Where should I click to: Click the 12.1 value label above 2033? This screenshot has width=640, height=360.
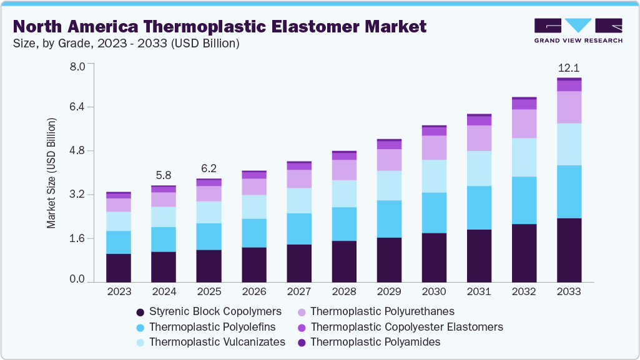coord(569,67)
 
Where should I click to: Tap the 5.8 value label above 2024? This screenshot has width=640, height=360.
coord(164,175)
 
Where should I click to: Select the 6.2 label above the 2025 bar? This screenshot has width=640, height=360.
coord(209,168)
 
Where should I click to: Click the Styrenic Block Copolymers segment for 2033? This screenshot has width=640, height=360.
coord(569,250)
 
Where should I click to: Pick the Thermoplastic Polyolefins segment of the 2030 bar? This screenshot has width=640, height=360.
coord(434,213)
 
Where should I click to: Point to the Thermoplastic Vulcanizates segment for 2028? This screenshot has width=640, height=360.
coord(344,193)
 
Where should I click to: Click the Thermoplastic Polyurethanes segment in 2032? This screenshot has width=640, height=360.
coord(524,124)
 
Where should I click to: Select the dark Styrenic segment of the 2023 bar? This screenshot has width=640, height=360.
coord(119,268)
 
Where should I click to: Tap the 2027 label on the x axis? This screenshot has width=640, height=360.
coord(298,291)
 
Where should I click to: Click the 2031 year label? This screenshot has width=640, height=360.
coord(479,291)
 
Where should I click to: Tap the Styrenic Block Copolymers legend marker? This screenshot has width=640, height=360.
coord(140,311)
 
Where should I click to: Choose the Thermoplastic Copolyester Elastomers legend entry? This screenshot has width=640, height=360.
coord(406,326)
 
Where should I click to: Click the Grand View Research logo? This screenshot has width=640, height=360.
coord(578,30)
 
